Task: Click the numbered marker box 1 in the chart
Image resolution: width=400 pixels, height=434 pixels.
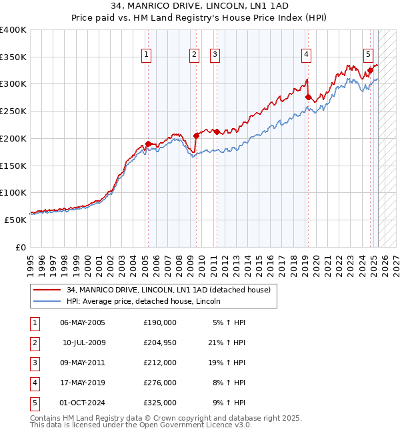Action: click(x=146, y=55)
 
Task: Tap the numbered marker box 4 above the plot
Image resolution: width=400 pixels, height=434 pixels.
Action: click(x=306, y=55)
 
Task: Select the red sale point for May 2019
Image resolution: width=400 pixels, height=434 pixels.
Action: click(x=308, y=97)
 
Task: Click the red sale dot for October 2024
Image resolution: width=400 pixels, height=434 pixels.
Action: click(x=369, y=69)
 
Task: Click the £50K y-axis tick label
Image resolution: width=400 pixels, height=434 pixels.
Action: click(x=15, y=220)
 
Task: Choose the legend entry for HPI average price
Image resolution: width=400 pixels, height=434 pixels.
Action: click(x=143, y=301)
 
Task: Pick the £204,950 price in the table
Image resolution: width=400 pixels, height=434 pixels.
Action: click(x=160, y=343)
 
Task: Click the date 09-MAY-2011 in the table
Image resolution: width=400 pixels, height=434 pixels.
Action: click(x=83, y=363)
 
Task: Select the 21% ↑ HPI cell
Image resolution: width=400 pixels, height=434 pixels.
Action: click(x=225, y=343)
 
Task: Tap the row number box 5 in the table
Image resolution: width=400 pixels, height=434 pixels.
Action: click(x=33, y=403)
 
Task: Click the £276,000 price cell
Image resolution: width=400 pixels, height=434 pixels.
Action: click(x=160, y=383)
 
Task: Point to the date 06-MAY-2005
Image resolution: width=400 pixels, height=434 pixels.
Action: click(x=83, y=322)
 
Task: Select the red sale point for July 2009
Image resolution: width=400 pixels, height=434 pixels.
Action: click(x=197, y=136)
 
